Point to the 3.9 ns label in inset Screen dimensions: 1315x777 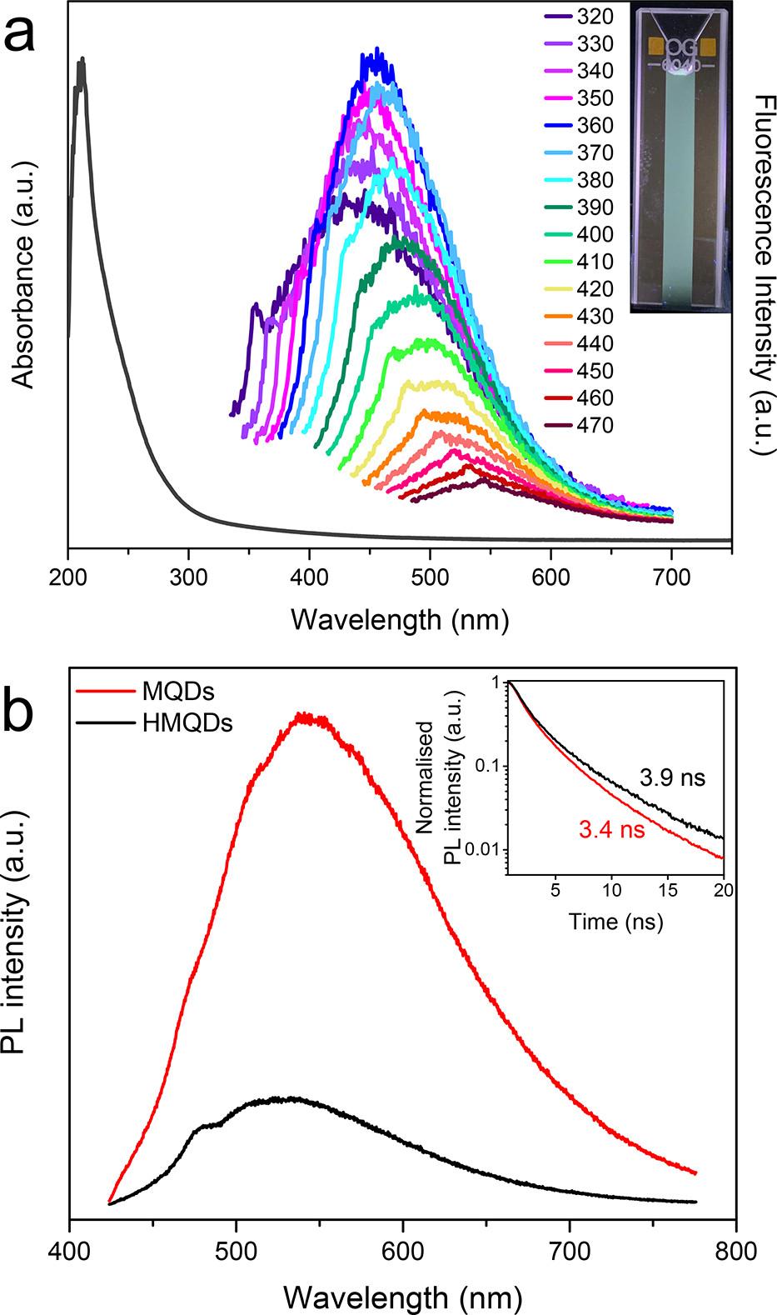tap(673, 778)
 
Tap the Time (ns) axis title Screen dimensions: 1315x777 tap(615, 922)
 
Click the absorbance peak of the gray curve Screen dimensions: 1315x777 tap(81, 61)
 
